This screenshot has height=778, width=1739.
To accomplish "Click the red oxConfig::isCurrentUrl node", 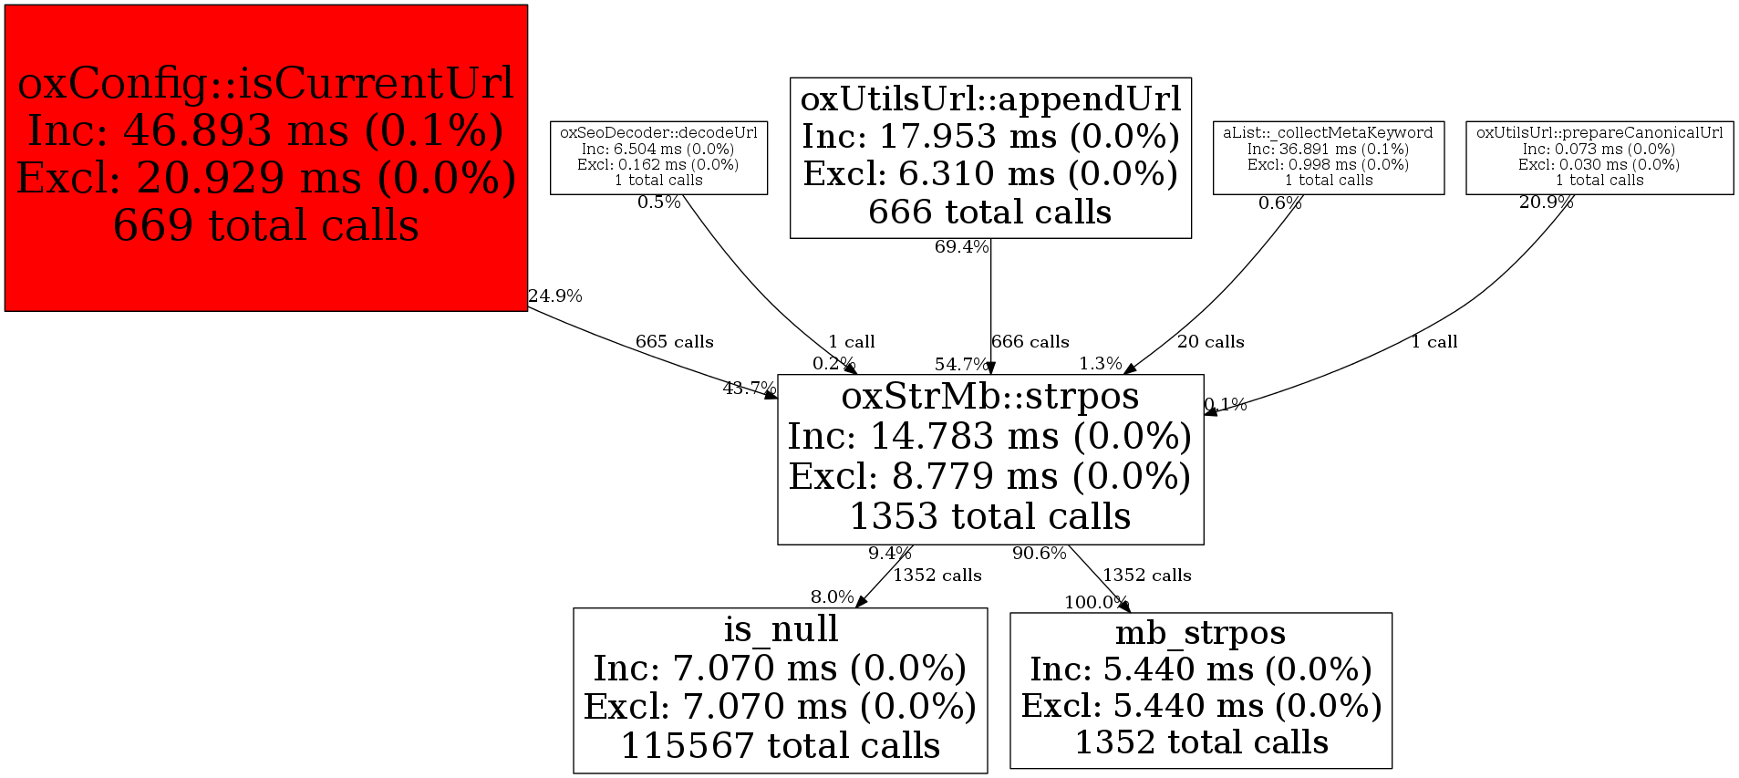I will click(x=265, y=157).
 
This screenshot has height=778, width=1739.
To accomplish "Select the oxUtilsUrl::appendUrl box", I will click(x=990, y=157).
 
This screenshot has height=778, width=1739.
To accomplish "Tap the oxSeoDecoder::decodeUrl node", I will click(x=658, y=157).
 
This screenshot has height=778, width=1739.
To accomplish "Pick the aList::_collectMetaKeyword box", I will click(x=1328, y=157).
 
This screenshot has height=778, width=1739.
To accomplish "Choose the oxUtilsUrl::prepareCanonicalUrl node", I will click(x=1599, y=157).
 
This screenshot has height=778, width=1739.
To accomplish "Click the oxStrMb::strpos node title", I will click(x=990, y=396).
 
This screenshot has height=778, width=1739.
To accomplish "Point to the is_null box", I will click(x=780, y=690).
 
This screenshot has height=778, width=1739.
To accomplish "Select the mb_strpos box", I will click(x=1200, y=690).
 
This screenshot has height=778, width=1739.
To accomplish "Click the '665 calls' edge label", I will click(x=674, y=342).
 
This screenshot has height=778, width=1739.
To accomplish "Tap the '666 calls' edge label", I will click(x=1030, y=342).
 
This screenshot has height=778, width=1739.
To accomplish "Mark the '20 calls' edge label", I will click(x=1210, y=342).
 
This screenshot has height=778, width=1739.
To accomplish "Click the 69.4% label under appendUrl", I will click(x=961, y=247).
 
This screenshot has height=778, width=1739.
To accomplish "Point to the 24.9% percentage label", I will click(x=554, y=296).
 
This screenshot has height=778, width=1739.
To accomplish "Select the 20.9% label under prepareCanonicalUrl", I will click(x=1546, y=202).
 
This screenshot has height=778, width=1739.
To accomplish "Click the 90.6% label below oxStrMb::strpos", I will click(x=1039, y=554).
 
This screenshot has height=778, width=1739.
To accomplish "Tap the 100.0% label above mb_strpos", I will click(x=1096, y=603).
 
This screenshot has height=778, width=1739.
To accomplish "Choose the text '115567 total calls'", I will click(x=780, y=746).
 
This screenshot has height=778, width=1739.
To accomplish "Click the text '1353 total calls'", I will click(x=990, y=517).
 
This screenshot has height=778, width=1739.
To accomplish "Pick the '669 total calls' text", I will click(x=265, y=225).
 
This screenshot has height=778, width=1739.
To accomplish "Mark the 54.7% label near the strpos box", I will click(x=961, y=365).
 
